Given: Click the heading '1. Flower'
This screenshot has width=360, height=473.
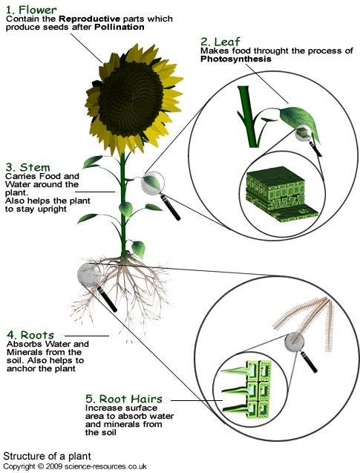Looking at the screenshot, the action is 31,10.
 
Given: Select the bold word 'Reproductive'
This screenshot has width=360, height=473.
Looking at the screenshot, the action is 90,19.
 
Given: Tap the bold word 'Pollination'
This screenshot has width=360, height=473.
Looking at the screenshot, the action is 120,27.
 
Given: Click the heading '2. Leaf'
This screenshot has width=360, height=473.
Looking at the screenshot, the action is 220,42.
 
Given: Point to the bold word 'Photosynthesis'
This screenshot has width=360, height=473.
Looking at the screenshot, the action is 236,59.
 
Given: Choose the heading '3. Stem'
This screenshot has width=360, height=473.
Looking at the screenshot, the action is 27,167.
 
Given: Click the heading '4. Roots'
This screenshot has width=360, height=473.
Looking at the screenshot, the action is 30,335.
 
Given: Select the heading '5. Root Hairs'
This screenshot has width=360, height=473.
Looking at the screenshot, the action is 124,399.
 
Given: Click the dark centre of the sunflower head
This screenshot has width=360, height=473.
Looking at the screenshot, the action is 131,99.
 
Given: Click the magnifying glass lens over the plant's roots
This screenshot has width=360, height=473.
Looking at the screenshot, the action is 89,275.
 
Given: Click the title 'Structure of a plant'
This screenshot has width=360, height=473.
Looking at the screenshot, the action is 47,456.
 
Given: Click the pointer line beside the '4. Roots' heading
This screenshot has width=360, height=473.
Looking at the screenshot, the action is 87,336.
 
